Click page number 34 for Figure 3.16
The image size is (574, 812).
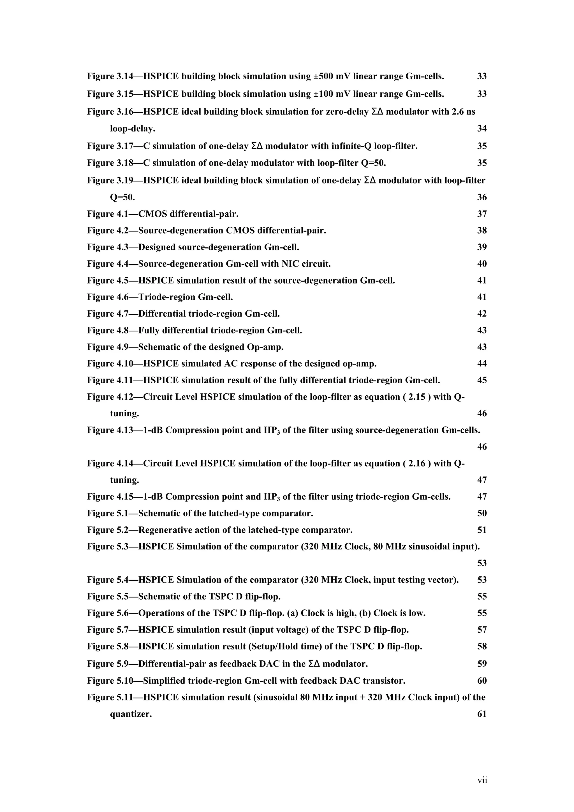point(482,128)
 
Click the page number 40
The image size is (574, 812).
point(482,264)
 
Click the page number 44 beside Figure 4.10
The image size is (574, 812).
point(482,364)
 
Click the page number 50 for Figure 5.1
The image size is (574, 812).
point(482,513)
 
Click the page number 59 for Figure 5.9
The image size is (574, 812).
point(482,664)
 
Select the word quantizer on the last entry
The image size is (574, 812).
point(131,714)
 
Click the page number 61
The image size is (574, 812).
point(482,714)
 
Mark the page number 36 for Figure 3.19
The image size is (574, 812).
point(482,197)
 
